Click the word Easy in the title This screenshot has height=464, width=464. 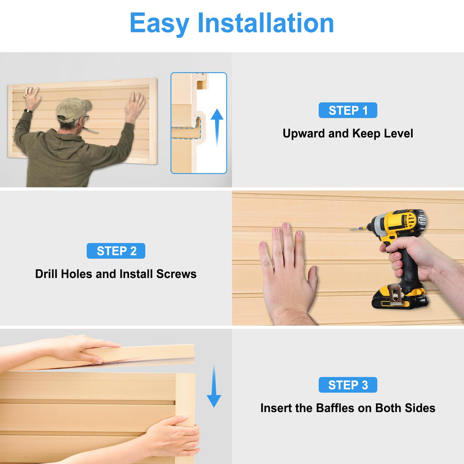coord(159,23)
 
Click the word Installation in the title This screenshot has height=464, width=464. coord(266,23)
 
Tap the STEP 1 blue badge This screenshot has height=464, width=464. coord(348,110)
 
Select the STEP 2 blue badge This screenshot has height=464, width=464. coord(116,251)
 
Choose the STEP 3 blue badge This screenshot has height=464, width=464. coord(348,385)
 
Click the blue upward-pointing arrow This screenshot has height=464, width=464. coord(217,128)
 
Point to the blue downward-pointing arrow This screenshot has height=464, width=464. coord(214,386)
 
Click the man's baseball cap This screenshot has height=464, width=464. coord(73,109)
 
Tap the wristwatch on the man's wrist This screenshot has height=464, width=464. coord(28,111)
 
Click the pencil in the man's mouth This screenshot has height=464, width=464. coord(91,130)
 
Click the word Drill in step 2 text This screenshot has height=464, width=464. coord(46,274)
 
